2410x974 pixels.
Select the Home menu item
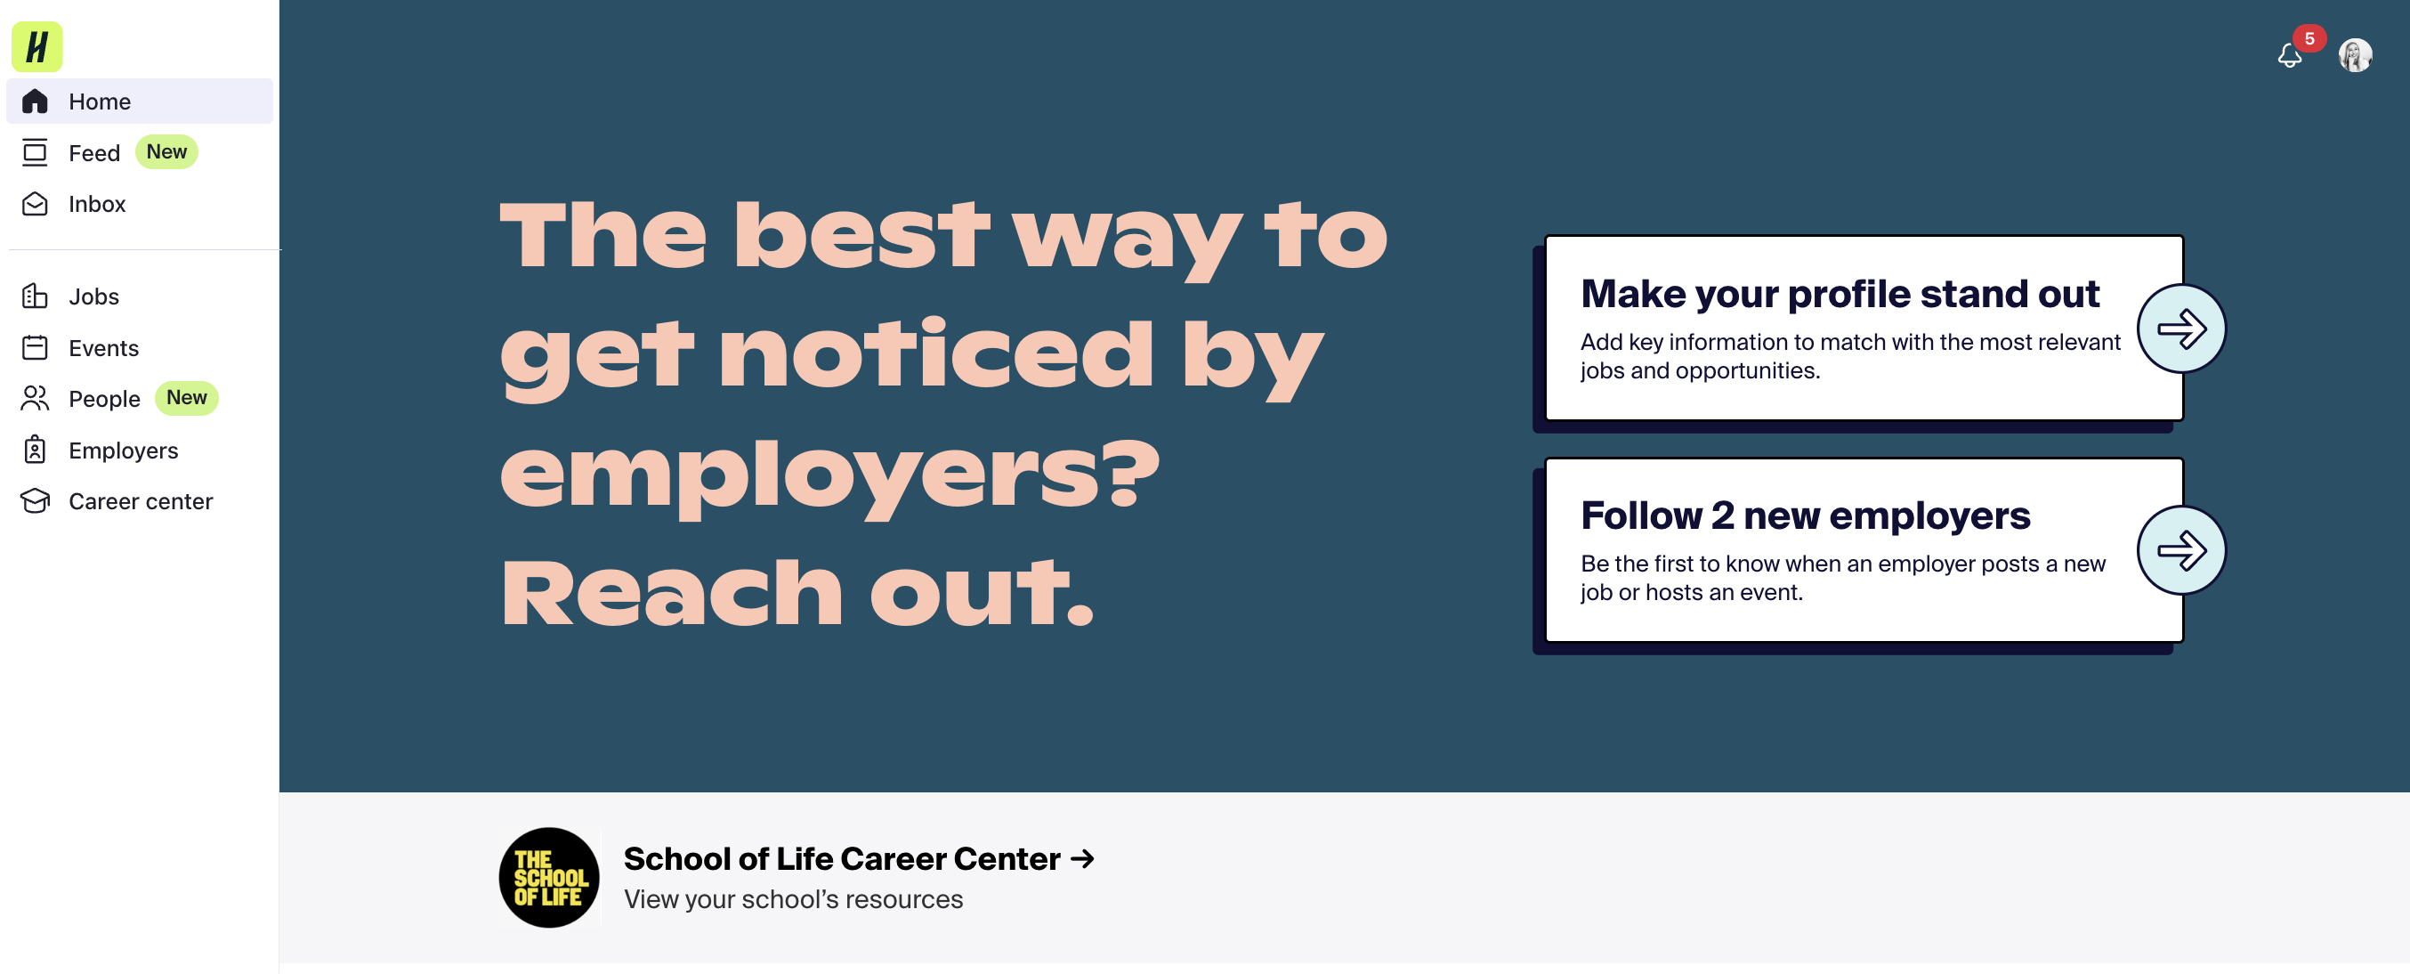tap(99, 101)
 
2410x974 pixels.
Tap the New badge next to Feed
tap(166, 151)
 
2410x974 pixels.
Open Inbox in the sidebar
tap(96, 204)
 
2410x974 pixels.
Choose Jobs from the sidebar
tap(93, 296)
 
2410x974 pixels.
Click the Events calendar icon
tap(35, 348)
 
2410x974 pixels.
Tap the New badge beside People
tap(186, 398)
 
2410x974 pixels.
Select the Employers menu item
tap(123, 450)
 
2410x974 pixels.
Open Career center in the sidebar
tap(141, 501)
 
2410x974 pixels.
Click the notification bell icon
tap(2288, 57)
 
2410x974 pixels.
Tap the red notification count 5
tap(2309, 38)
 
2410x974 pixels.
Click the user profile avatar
tap(2355, 55)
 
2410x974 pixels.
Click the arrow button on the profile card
tap(2180, 329)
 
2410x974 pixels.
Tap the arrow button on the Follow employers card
tap(2180, 550)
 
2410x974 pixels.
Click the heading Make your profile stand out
tap(1840, 294)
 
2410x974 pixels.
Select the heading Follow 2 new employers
tap(1805, 515)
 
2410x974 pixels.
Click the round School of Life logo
tap(549, 877)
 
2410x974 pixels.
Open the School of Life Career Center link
tap(858, 858)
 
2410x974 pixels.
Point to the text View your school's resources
tap(792, 899)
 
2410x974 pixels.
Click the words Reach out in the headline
tap(797, 592)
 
